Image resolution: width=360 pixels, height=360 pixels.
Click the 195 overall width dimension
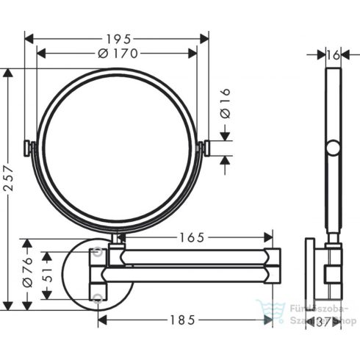coord(117,37)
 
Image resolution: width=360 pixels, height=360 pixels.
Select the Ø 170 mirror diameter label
coord(117,53)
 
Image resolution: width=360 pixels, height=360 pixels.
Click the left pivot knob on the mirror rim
coord(29,148)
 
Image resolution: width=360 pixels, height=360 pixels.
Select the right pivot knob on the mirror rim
coord(204,148)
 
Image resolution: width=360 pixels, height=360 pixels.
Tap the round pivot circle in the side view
coord(334,150)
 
